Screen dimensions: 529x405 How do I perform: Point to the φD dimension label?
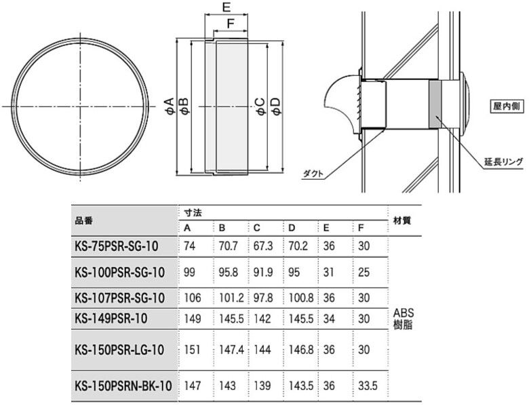[275, 106]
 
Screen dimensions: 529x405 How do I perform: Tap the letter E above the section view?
[227, 7]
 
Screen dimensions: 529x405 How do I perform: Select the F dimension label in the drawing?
[231, 24]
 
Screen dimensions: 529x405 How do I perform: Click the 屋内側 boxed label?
[507, 107]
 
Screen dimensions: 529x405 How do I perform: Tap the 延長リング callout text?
[504, 161]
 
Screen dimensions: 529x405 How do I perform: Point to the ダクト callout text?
[313, 174]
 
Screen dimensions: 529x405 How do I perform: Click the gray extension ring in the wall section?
[435, 104]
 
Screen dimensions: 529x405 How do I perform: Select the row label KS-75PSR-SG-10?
[117, 246]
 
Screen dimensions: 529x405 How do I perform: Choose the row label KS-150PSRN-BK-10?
[123, 385]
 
